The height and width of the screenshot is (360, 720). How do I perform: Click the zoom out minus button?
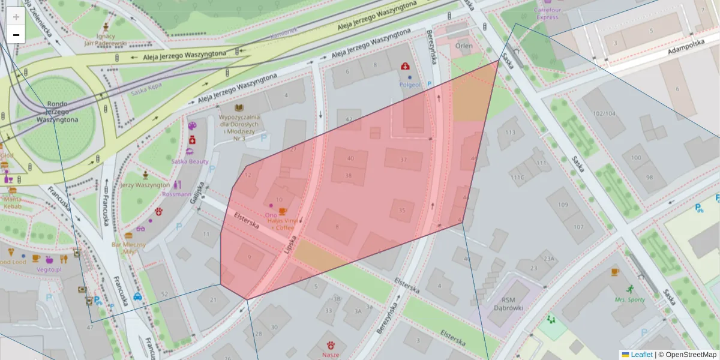point(16,35)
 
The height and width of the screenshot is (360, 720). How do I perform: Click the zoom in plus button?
point(16,17)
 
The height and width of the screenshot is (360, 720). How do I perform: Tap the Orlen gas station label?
point(463,46)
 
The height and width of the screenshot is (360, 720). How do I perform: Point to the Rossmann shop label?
point(176,194)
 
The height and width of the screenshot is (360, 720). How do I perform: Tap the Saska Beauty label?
point(190,161)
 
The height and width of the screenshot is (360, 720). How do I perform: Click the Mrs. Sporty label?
point(628,299)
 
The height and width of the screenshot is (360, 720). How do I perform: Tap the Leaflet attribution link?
point(641,355)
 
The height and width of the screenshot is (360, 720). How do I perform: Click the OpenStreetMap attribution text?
point(691,355)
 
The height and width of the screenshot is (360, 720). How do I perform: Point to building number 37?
point(403,160)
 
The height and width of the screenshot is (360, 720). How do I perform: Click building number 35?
point(402,211)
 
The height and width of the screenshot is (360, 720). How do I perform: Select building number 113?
point(511,133)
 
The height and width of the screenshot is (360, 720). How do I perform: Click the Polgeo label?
point(410,85)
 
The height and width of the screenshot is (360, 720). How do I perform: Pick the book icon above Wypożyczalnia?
point(239,107)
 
